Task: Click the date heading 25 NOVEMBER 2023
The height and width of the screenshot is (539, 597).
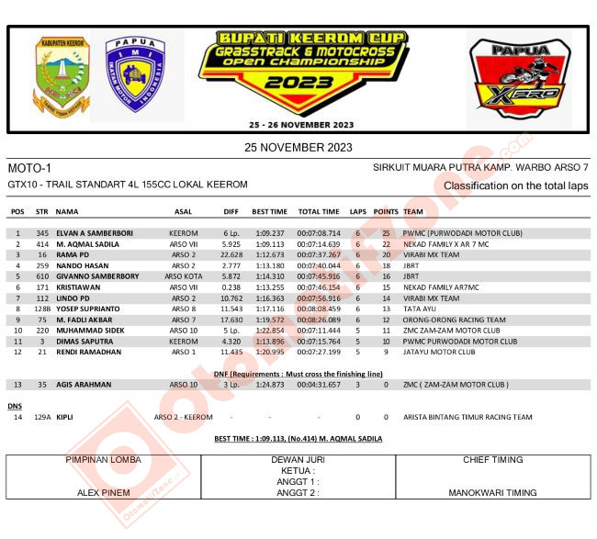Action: (x=298, y=147)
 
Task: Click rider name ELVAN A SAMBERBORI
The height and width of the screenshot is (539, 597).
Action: (x=96, y=233)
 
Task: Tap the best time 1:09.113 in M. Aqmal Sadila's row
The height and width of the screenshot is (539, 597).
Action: (x=269, y=245)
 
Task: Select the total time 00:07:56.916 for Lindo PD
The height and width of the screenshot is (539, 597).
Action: (x=319, y=298)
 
